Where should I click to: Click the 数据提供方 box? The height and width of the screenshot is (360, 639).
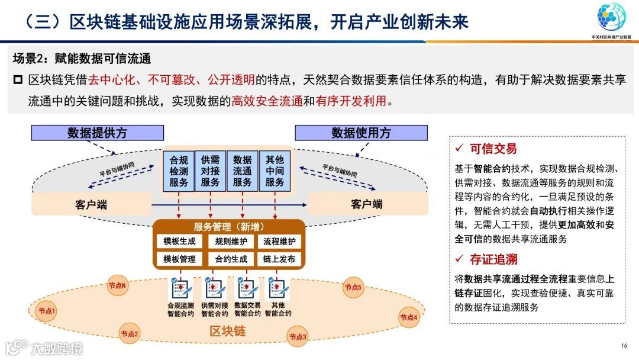(x=97, y=133)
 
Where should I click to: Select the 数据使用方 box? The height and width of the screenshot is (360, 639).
(x=361, y=133)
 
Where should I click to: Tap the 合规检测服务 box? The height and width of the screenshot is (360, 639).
(x=179, y=171)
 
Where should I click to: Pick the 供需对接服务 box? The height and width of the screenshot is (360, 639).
(x=211, y=171)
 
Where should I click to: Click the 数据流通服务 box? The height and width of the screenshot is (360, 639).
(x=243, y=171)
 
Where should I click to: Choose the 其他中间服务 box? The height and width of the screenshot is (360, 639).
(x=275, y=171)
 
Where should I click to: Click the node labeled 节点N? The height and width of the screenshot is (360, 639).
(x=117, y=285)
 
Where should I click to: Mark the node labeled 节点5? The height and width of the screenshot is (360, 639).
(x=353, y=287)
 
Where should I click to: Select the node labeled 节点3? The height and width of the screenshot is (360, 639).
(x=298, y=337)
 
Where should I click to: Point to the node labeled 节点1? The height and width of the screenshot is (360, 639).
(x=46, y=311)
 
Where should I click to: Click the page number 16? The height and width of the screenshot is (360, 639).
(x=624, y=346)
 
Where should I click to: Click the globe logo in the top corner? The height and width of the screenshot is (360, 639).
(x=611, y=18)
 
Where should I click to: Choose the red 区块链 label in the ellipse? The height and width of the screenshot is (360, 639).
(x=227, y=331)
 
